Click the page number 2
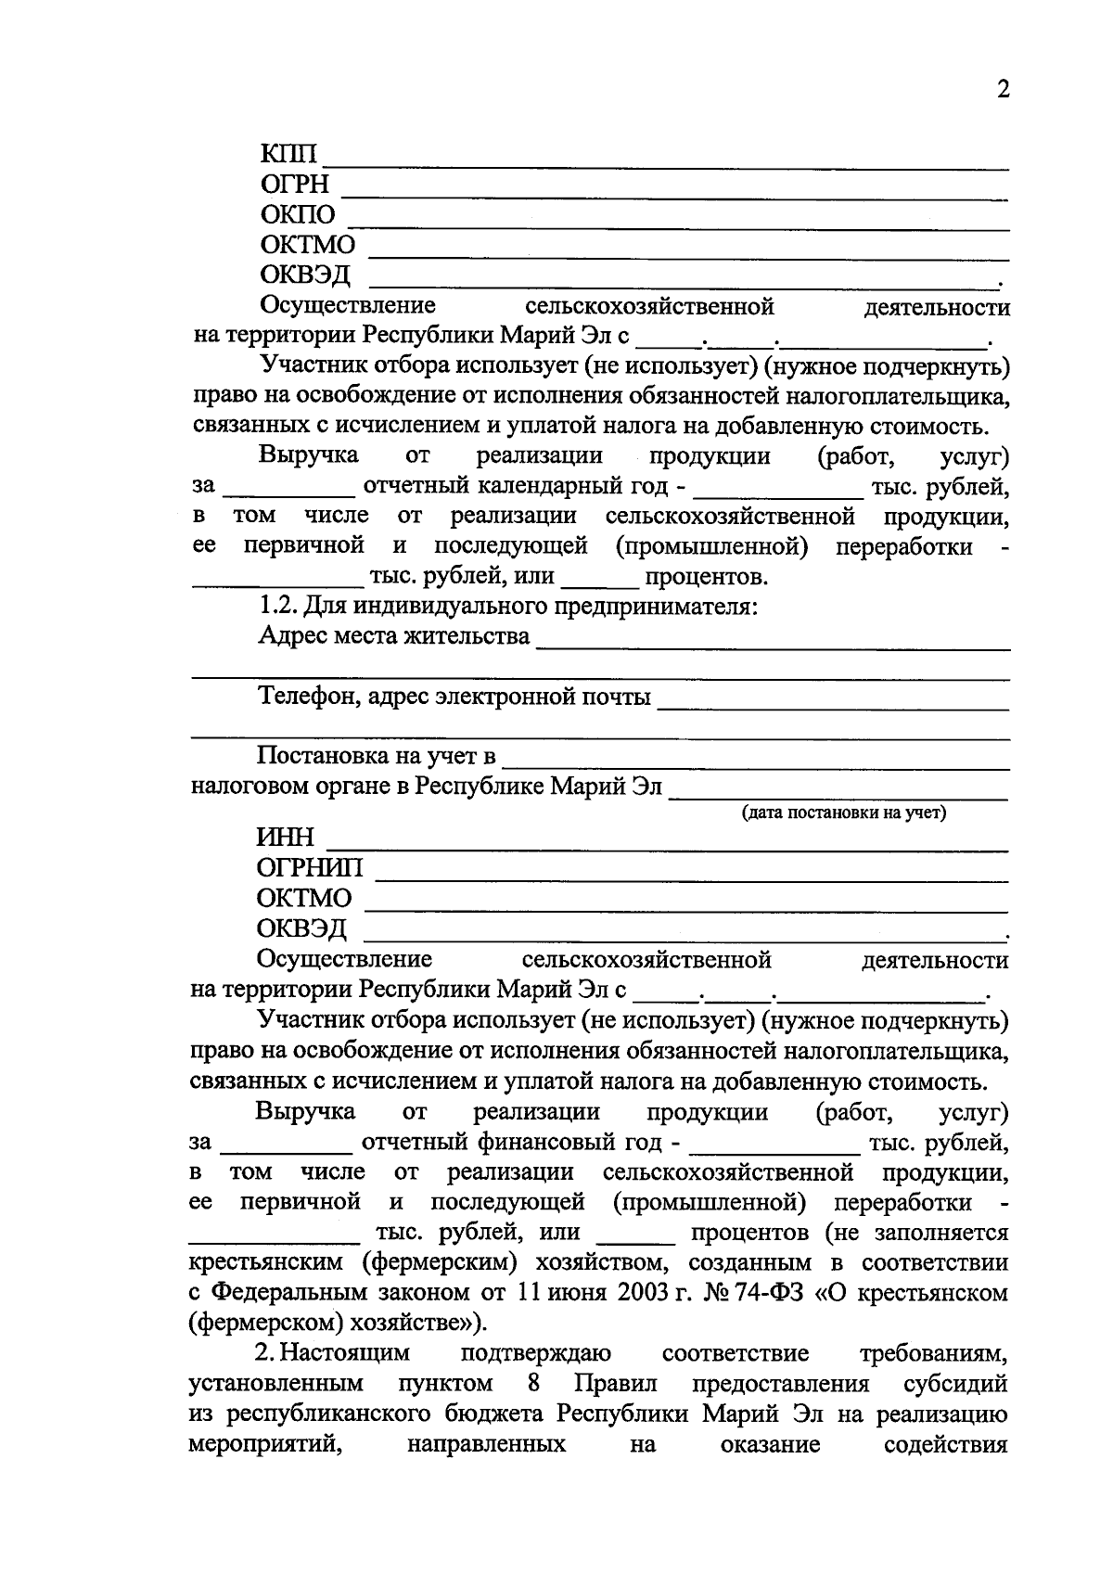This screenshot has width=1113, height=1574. (1001, 89)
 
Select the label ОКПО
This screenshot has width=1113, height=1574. (298, 215)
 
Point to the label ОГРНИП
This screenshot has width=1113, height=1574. (310, 868)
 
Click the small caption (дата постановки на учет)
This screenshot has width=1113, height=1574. (842, 813)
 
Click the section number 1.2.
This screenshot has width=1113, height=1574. (276, 608)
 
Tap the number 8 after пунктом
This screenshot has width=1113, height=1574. (533, 1384)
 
